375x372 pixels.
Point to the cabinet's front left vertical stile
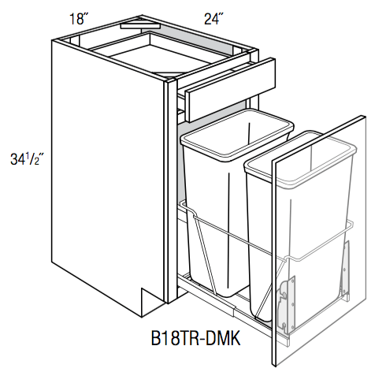tap(170, 189)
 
